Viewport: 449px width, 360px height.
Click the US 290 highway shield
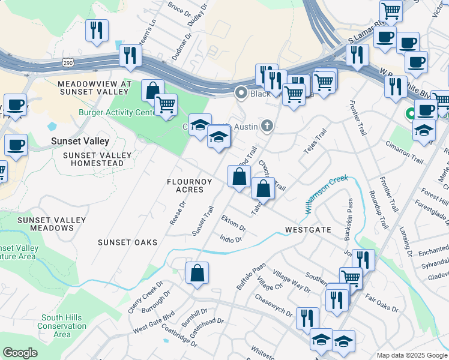tap(68, 62)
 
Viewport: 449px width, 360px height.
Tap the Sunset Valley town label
tap(80, 142)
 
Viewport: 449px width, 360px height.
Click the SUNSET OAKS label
tap(128, 242)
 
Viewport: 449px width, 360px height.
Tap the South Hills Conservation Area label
tap(62, 326)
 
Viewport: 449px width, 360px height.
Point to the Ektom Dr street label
tap(234, 223)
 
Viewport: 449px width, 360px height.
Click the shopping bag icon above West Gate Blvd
tap(197, 274)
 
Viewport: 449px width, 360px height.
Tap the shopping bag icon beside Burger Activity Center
tap(153, 91)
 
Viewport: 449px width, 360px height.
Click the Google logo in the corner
tap(19, 353)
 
